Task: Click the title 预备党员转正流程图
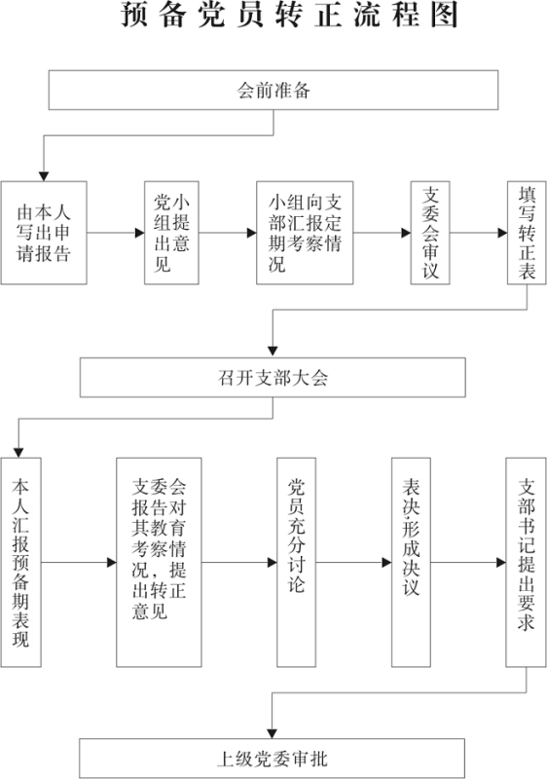(x=289, y=14)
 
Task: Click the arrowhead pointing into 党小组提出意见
(x=139, y=233)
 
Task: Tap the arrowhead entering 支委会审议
(x=406, y=233)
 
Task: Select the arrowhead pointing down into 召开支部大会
(x=273, y=352)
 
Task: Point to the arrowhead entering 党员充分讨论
(x=272, y=563)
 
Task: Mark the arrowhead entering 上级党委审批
(x=272, y=733)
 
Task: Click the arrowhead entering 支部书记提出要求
(x=501, y=563)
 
